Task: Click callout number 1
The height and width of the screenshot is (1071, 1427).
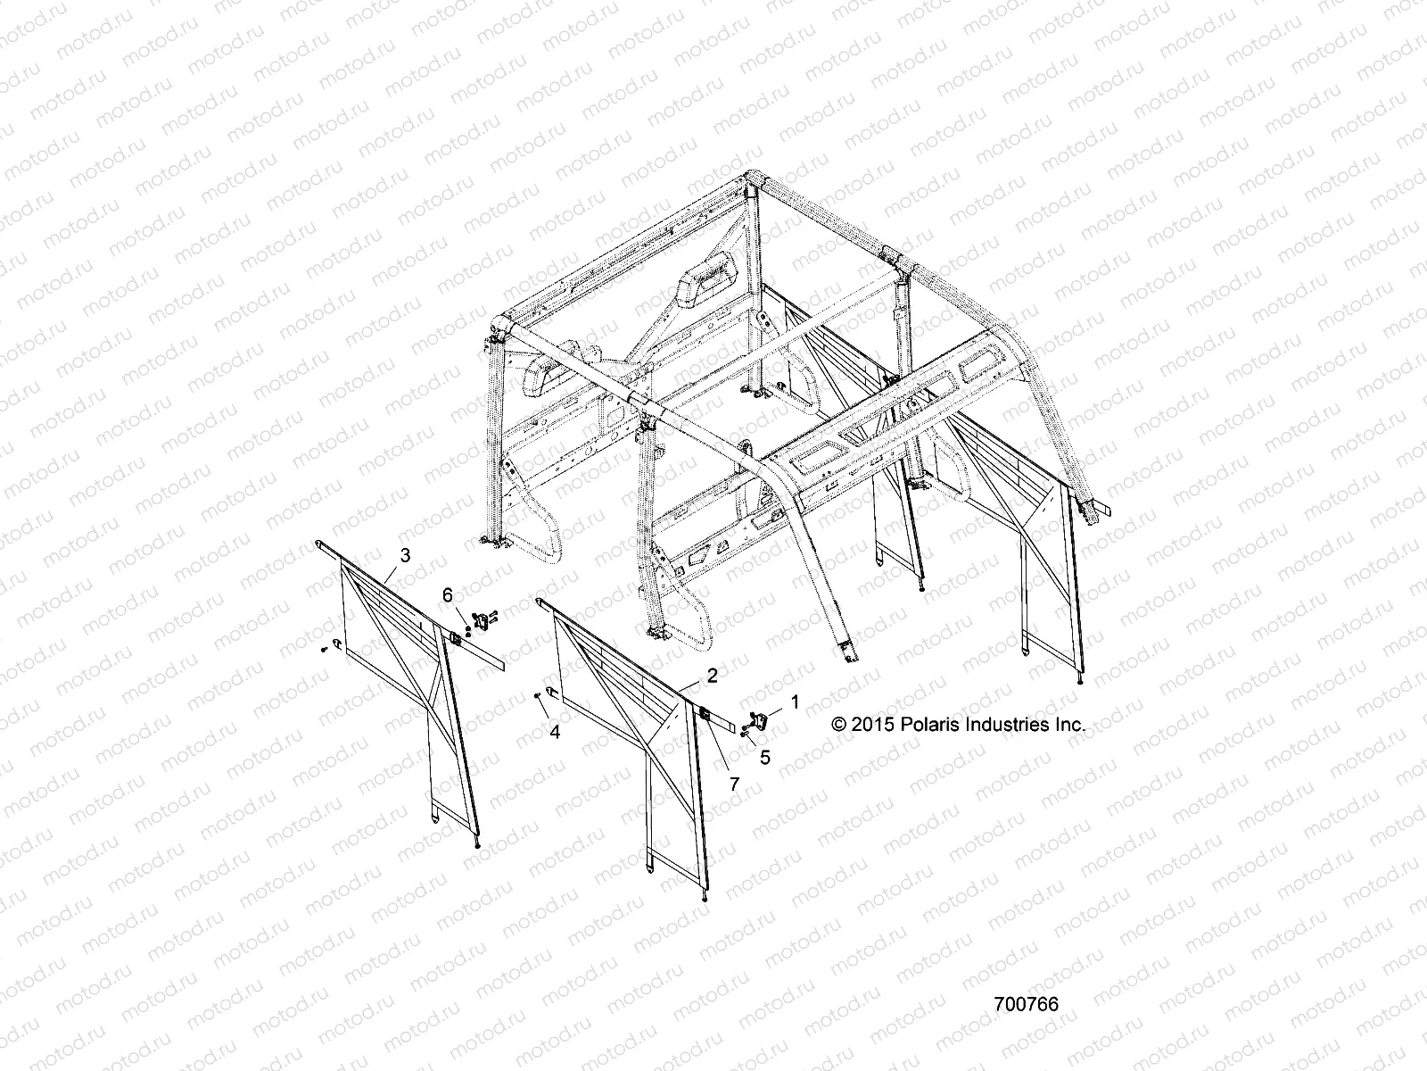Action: pos(796,703)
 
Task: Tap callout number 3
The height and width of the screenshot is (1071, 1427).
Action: pos(405,555)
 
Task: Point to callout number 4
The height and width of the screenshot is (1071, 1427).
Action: pos(555,732)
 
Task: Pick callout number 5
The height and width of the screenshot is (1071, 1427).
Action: pos(765,758)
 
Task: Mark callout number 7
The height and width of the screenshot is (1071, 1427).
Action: pos(734,784)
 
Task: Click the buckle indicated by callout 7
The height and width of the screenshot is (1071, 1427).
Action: pos(703,713)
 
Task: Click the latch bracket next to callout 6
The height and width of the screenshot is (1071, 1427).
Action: pos(483,618)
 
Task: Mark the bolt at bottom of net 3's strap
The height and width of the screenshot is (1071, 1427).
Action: pos(480,844)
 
